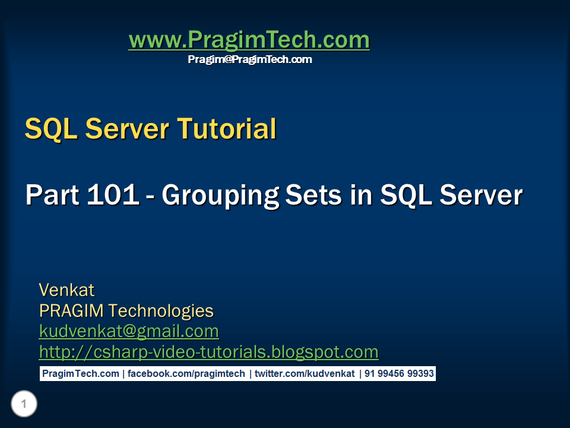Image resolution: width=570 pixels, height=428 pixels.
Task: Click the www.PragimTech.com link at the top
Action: [249, 40]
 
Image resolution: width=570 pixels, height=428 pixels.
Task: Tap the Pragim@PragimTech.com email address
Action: [249, 59]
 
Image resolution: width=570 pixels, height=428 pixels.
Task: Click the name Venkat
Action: [66, 290]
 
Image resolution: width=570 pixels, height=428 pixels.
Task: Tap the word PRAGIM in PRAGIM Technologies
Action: [71, 310]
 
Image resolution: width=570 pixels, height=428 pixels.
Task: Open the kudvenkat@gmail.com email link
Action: [129, 331]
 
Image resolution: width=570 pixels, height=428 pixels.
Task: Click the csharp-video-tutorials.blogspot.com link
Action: [208, 351]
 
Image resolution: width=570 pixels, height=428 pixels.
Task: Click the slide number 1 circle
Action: [24, 405]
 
